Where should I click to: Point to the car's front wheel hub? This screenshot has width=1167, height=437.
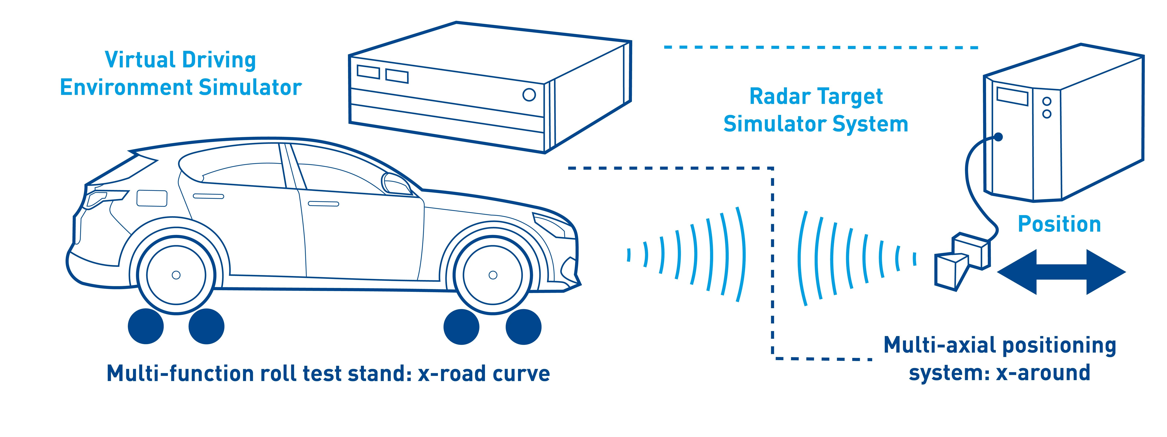pyautogui.click(x=493, y=275)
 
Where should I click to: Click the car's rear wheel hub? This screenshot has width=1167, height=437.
pyautogui.click(x=176, y=275)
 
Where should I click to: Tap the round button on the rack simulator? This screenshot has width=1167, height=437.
pyautogui.click(x=529, y=95)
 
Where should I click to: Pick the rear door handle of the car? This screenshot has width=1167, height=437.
pyautogui.click(x=208, y=196)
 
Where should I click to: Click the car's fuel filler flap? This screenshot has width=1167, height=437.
pyautogui.click(x=152, y=198)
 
